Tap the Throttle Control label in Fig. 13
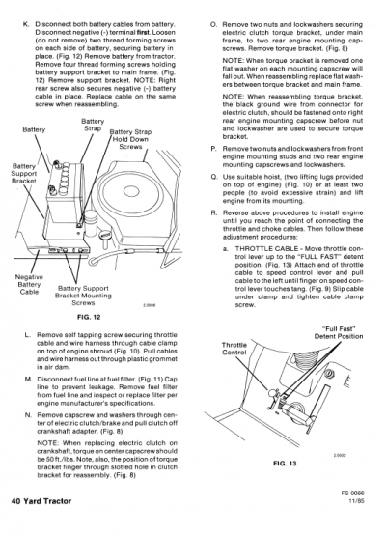click(234, 348)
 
